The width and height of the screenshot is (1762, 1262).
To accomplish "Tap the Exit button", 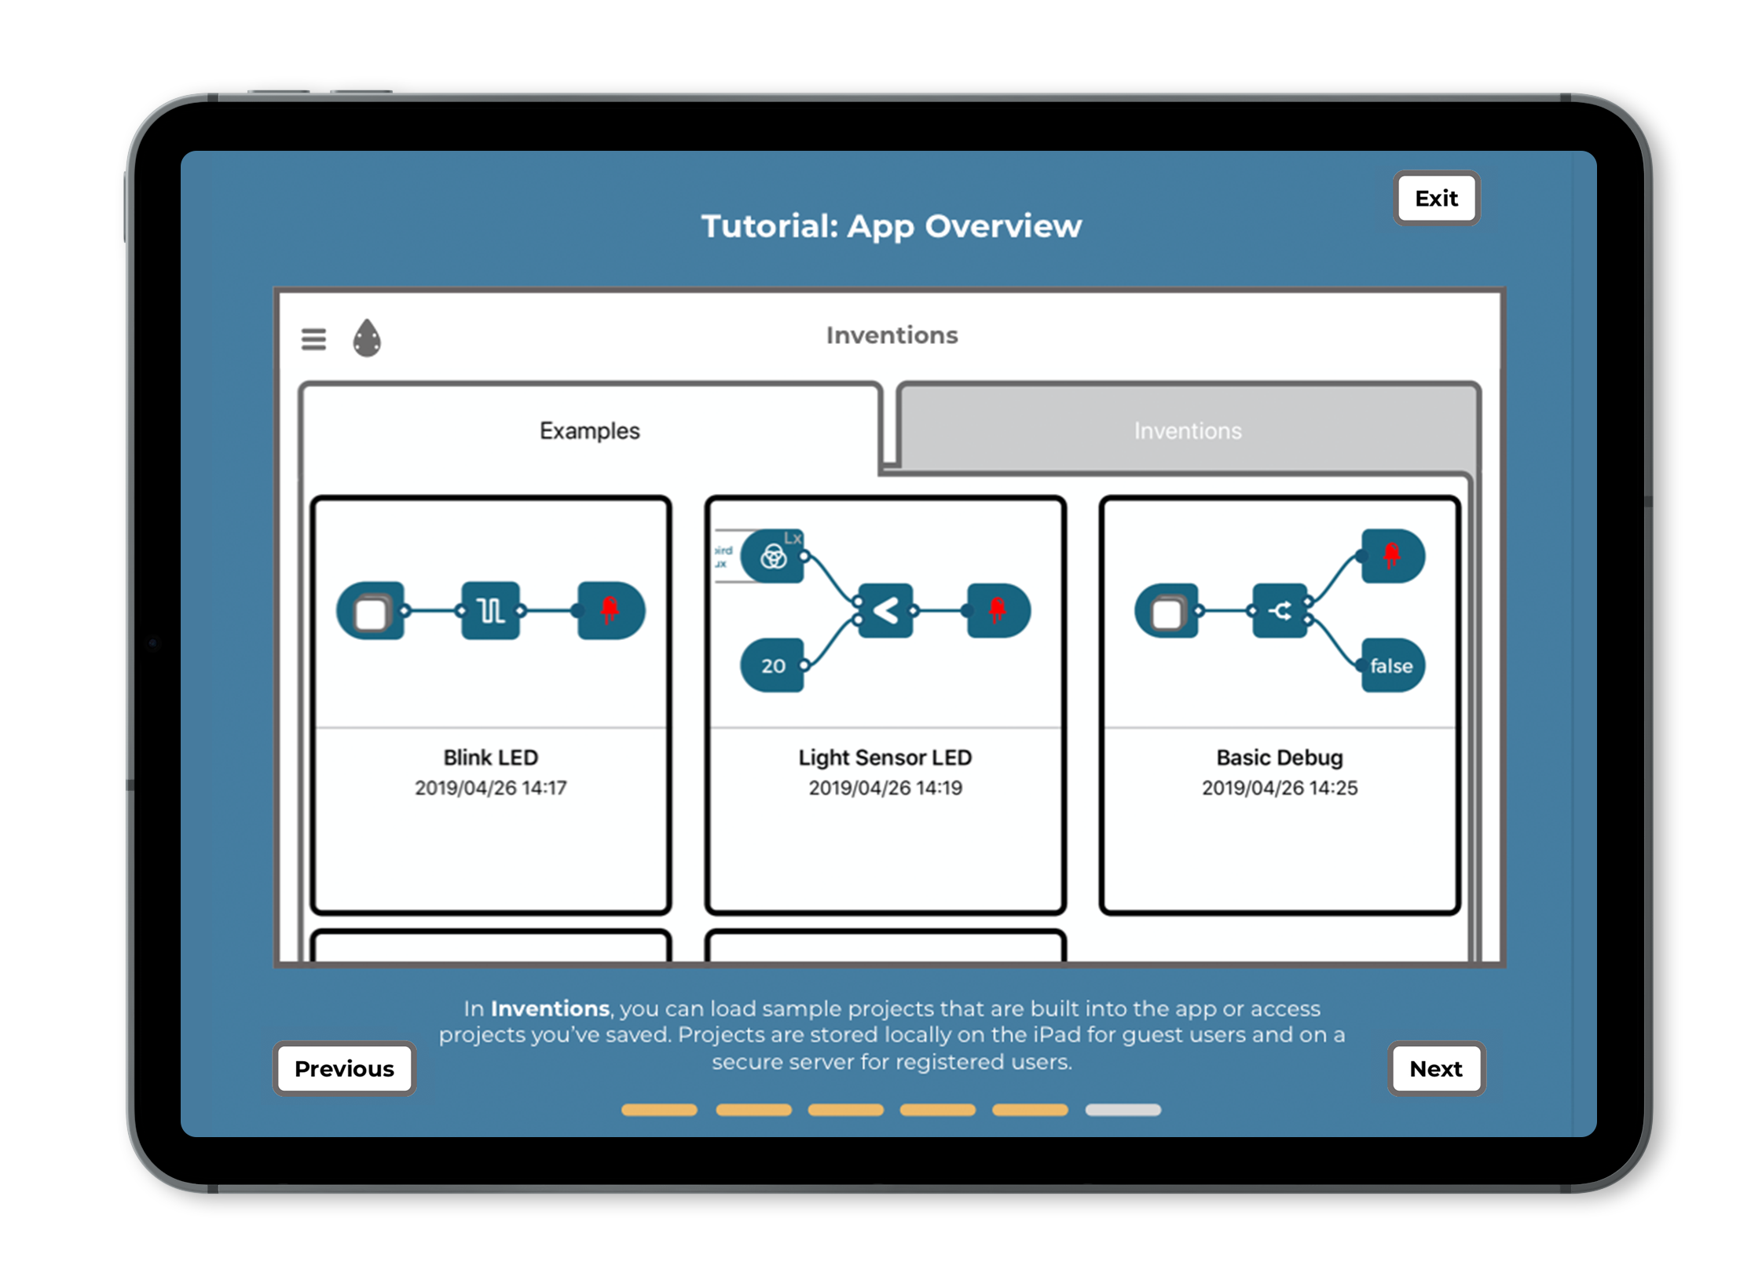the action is [x=1436, y=199].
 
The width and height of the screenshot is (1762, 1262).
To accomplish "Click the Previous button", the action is [x=344, y=1069].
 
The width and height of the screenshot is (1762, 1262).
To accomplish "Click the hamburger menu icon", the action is [x=313, y=339].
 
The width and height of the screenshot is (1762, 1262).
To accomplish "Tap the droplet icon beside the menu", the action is [x=367, y=338].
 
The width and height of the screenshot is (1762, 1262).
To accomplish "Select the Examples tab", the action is [x=589, y=430].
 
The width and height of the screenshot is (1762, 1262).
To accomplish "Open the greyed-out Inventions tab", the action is [x=1187, y=430].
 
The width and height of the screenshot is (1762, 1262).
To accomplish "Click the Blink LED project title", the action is [x=490, y=757].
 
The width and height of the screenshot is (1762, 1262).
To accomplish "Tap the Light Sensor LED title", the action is [x=885, y=757].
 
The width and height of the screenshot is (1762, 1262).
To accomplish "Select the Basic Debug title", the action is [x=1279, y=757].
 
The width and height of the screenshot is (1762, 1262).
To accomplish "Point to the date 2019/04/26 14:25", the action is [x=1279, y=788].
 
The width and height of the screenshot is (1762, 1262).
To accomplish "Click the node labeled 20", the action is [x=773, y=666].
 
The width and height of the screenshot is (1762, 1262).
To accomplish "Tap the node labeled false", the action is [x=1391, y=666].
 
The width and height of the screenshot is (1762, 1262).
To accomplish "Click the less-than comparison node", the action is [x=886, y=610].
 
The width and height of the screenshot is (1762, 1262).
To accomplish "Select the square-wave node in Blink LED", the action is [x=491, y=610].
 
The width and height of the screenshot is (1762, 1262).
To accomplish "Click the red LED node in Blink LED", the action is [x=610, y=610].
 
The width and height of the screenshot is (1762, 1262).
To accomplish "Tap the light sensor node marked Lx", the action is [x=774, y=557].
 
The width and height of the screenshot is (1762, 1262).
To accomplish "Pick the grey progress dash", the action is [x=1123, y=1110].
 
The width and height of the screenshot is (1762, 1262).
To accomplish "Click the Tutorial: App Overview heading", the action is [x=891, y=226].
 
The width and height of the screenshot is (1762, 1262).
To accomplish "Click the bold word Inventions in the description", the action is [x=550, y=1008].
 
